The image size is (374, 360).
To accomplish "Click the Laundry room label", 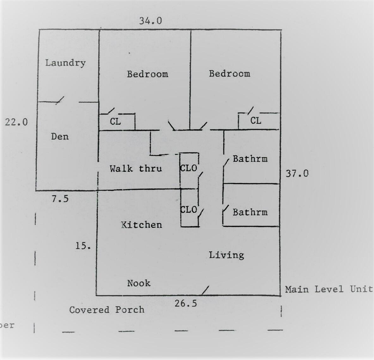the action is [x=65, y=63].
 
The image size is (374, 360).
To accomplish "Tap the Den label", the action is [x=60, y=137].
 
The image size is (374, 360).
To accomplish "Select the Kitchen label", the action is [x=142, y=225].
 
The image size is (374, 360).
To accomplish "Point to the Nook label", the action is [x=139, y=283].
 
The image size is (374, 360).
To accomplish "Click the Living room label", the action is [x=226, y=255].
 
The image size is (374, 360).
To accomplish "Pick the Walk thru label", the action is [x=136, y=169].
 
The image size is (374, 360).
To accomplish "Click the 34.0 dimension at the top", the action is [x=150, y=21].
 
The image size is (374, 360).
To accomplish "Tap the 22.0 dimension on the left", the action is [x=16, y=122].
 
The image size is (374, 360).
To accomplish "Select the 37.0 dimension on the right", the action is [x=297, y=173].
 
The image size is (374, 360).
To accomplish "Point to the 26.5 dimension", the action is [x=186, y=303].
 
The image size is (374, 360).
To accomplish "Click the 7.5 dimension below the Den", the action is [x=60, y=199].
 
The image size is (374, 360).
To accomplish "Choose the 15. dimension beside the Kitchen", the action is [x=83, y=246].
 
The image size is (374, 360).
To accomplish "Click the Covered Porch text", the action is [x=107, y=310].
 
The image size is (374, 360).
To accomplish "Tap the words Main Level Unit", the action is [x=329, y=289].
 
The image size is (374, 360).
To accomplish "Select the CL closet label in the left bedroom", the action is [x=115, y=121].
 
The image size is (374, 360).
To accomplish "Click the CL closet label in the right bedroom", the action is [x=256, y=121].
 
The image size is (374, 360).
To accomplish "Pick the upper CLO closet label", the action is [x=189, y=168].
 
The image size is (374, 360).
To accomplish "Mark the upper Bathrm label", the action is [x=250, y=159].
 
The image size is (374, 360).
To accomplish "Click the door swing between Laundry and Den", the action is [x=60, y=100].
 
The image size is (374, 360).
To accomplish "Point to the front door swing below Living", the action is [x=205, y=290].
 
